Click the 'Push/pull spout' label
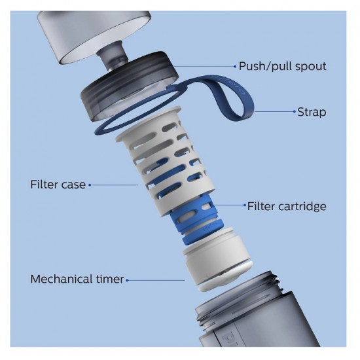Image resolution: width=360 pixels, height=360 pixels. [282, 66]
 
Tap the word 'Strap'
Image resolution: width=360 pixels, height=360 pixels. [312, 112]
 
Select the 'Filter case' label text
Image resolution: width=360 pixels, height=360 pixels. [58, 185]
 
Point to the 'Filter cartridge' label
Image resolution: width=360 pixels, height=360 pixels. [287, 206]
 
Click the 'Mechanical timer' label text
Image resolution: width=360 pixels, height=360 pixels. [77, 279]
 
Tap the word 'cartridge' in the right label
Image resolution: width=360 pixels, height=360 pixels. [302, 206]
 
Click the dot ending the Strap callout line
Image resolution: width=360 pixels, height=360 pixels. [295, 111]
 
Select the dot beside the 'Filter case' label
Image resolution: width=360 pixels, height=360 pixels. [90, 185]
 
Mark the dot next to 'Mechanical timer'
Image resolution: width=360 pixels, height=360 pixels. [127, 280]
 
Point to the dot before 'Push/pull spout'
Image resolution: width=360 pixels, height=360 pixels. [235, 67]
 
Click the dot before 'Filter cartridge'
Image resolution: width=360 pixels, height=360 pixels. [245, 205]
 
